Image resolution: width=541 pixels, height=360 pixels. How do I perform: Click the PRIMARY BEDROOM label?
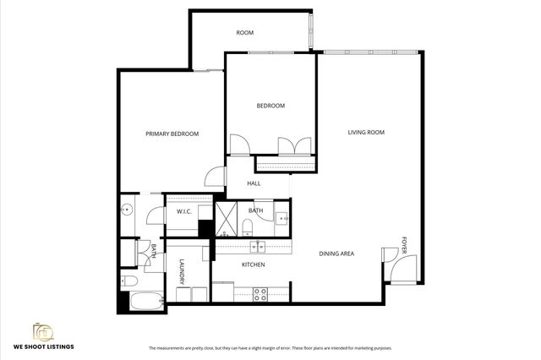click(x=172, y=134)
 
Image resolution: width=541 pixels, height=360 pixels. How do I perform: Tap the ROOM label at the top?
click(x=244, y=33)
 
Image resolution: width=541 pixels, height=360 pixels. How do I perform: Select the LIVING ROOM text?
click(x=366, y=132)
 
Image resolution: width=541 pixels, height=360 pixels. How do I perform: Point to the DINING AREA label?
click(x=336, y=254)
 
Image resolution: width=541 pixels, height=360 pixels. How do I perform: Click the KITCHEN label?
click(x=254, y=265)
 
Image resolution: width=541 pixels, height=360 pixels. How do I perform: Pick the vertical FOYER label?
click(x=403, y=246)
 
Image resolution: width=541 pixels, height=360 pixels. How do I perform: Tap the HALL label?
click(x=254, y=183)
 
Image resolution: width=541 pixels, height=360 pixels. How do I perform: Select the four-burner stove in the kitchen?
click(x=260, y=294)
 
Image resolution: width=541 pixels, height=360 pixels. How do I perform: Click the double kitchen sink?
click(x=260, y=246)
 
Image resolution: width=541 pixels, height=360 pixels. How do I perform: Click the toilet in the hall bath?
click(x=246, y=226)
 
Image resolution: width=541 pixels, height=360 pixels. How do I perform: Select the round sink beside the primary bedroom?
click(x=127, y=211)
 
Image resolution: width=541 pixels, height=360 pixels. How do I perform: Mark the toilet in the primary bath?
click(x=128, y=281)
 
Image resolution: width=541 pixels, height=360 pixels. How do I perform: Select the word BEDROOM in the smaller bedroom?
click(x=270, y=106)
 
